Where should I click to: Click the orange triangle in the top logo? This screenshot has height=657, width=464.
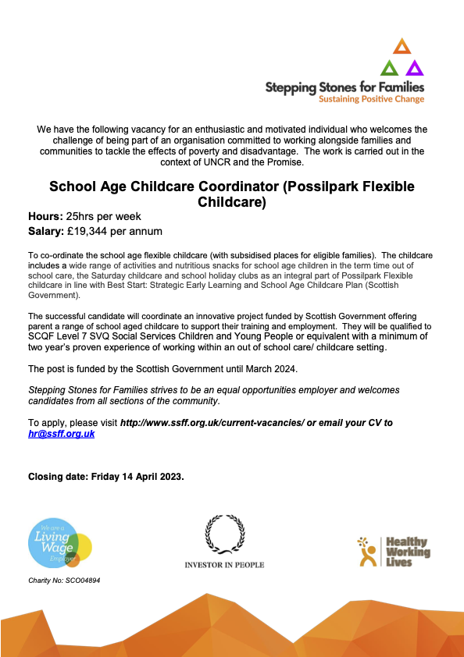point(402,46)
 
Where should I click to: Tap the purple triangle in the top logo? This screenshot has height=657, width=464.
point(415,68)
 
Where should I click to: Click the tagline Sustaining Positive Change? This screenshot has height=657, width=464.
point(372,99)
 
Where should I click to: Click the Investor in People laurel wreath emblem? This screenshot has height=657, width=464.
point(224,534)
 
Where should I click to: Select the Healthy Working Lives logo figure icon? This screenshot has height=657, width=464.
point(366,550)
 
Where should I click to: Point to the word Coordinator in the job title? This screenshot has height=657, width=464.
point(241,187)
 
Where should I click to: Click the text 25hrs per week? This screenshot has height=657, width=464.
point(105,216)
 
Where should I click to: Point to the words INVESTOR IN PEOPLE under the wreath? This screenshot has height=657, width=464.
point(224,564)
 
